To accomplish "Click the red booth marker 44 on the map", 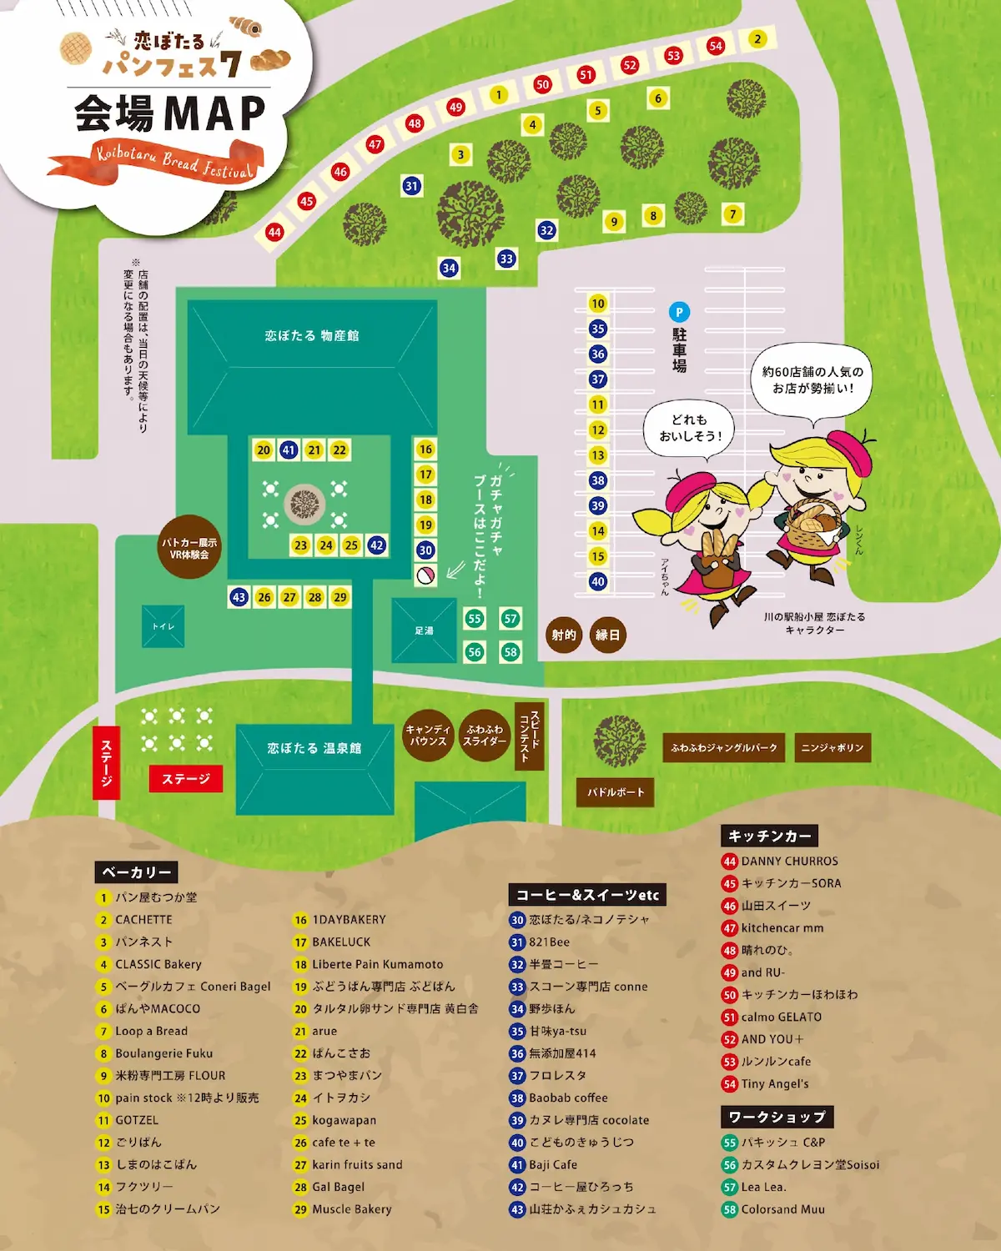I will pyautogui.click(x=274, y=232).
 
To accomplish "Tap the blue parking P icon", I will pyautogui.click(x=679, y=313).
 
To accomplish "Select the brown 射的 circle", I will pyautogui.click(x=564, y=636).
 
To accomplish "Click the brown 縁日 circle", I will pyautogui.click(x=608, y=636).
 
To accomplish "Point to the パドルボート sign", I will pyautogui.click(x=616, y=792).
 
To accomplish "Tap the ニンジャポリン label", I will pyautogui.click(x=832, y=748).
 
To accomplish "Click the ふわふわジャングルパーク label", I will pyautogui.click(x=724, y=748).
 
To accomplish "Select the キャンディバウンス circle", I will pyautogui.click(x=428, y=736).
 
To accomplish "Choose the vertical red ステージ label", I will pyautogui.click(x=106, y=762).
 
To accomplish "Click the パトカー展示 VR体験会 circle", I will pyautogui.click(x=189, y=548).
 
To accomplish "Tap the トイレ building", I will pyautogui.click(x=163, y=626).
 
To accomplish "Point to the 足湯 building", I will pyautogui.click(x=425, y=631).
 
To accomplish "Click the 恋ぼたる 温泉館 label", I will pyautogui.click(x=314, y=749).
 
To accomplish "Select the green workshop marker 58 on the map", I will pyautogui.click(x=511, y=652).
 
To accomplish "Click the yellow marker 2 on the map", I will pyautogui.click(x=757, y=39).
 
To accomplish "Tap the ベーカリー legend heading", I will pyautogui.click(x=136, y=872).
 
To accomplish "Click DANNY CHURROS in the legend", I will pyautogui.click(x=789, y=862).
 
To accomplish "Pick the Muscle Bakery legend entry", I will pyautogui.click(x=351, y=1209).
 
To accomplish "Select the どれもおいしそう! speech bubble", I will pyautogui.click(x=690, y=428).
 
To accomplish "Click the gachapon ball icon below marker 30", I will pyautogui.click(x=425, y=575).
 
